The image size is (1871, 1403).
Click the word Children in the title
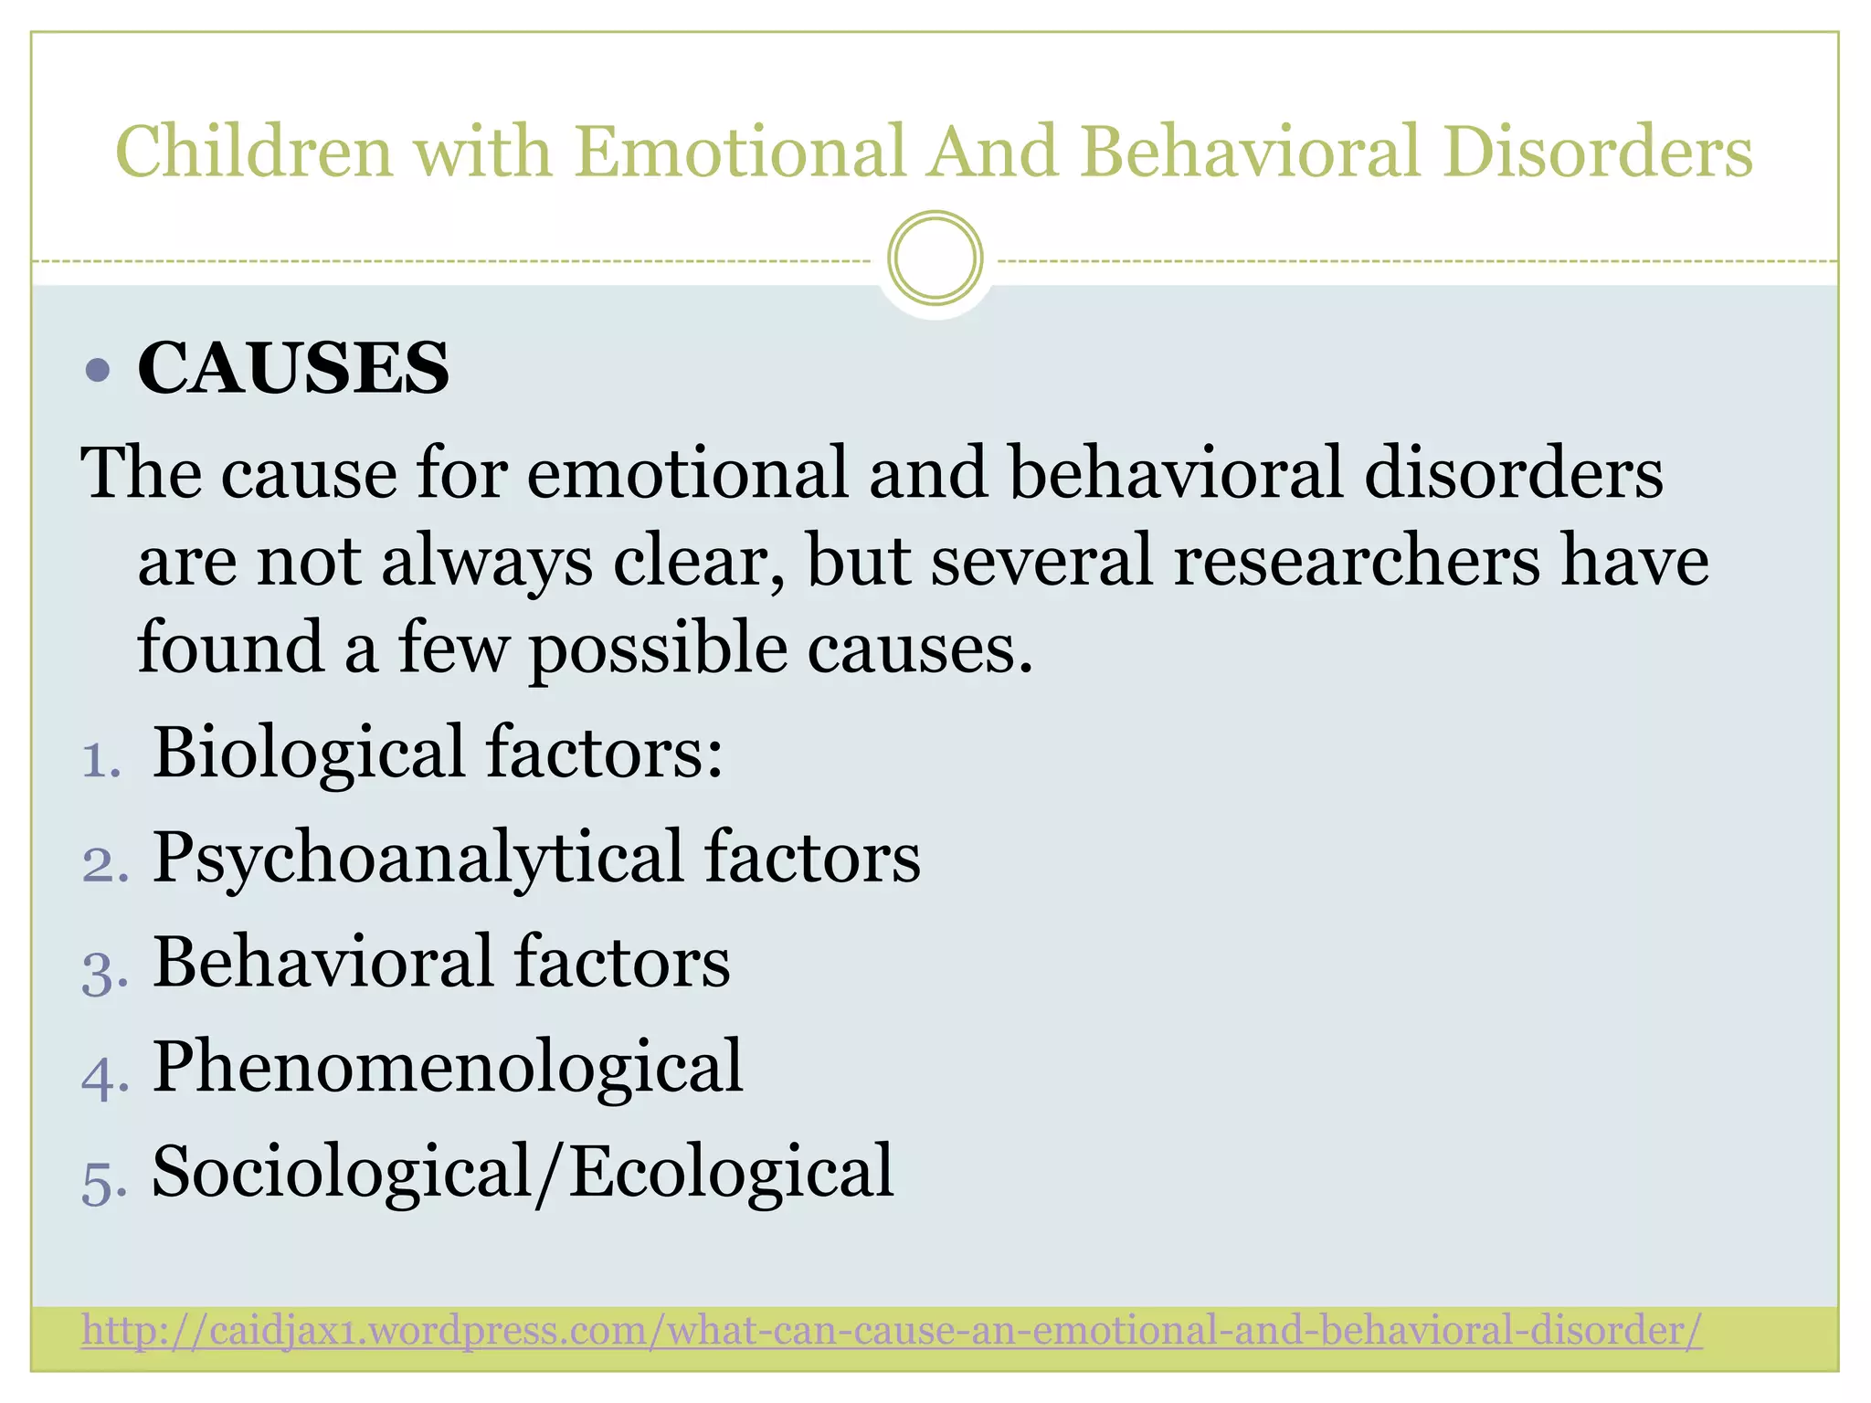(x=253, y=151)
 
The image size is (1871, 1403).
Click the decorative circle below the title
(x=935, y=258)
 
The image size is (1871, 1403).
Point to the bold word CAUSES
(x=293, y=368)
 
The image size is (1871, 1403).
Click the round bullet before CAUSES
(x=97, y=370)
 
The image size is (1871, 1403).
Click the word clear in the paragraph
(x=696, y=561)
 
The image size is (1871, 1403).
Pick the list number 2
(x=104, y=864)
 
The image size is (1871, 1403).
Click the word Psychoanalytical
(x=418, y=859)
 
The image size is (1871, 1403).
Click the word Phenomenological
(x=448, y=1067)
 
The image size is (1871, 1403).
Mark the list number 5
(x=104, y=1182)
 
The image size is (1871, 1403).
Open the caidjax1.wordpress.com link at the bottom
(x=892, y=1330)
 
